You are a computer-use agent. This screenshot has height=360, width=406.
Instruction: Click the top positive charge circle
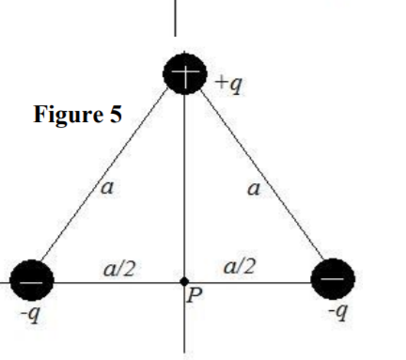click(184, 72)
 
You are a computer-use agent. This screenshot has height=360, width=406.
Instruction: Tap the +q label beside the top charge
click(227, 85)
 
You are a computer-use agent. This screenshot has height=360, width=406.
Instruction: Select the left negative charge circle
click(31, 280)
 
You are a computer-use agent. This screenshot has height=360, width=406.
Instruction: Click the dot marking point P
click(184, 281)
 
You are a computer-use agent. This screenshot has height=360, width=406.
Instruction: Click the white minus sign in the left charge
click(31, 279)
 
